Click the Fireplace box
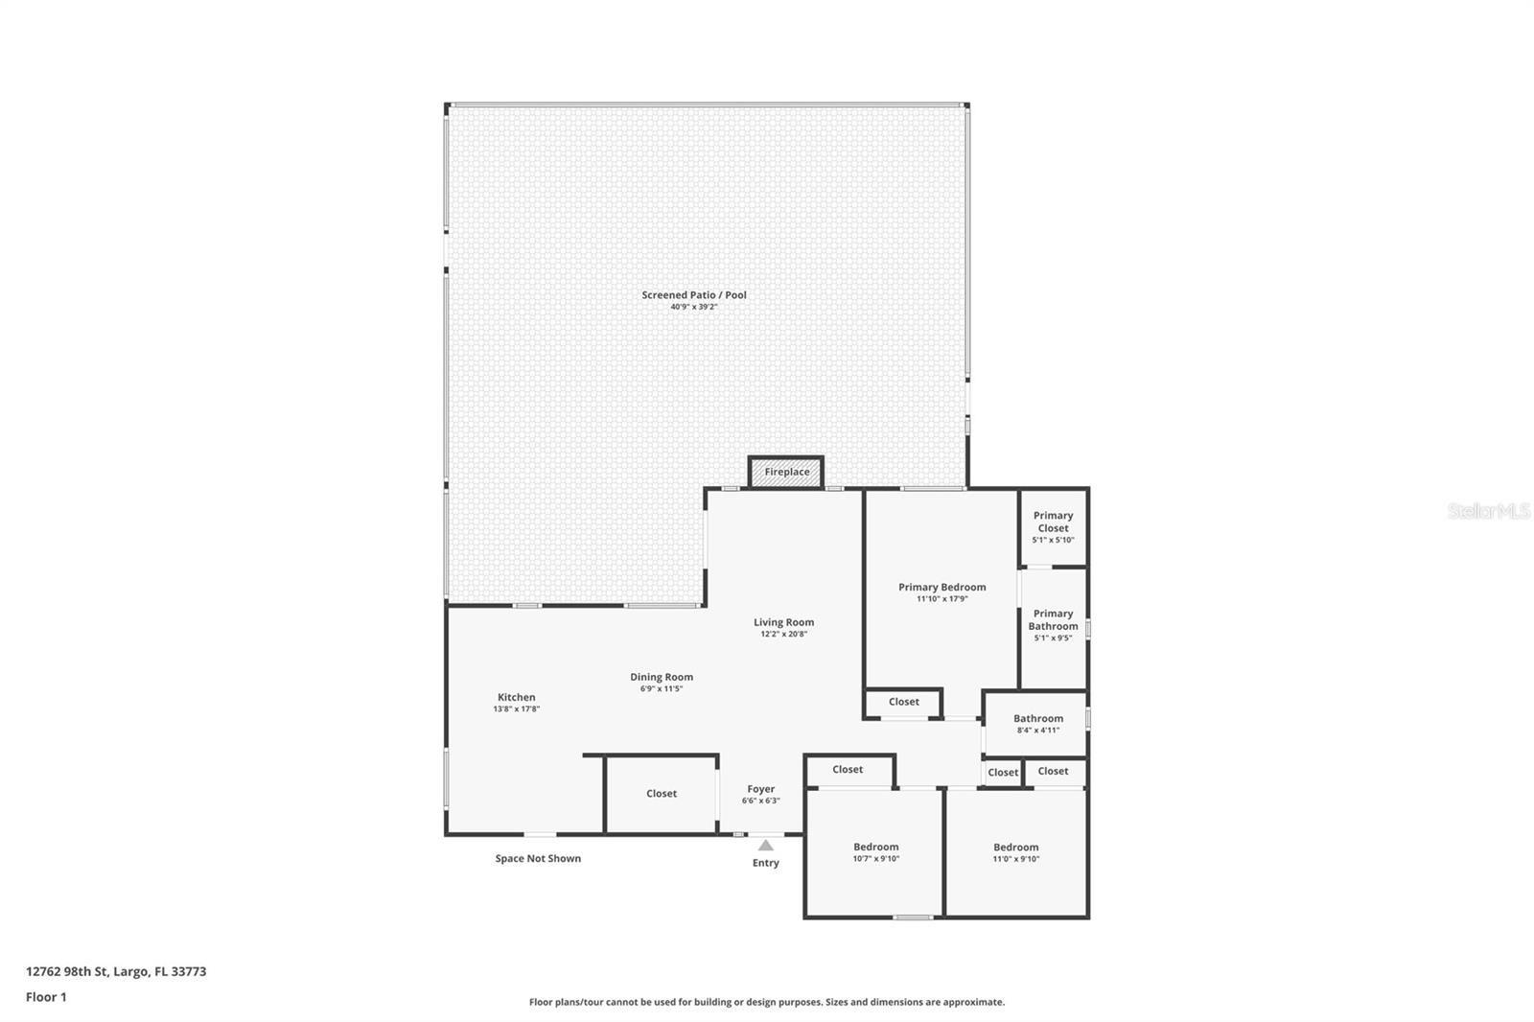tap(786, 472)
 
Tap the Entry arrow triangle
tap(765, 846)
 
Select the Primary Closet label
tap(1053, 522)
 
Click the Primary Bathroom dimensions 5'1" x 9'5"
tap(1053, 638)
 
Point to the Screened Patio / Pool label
tap(694, 295)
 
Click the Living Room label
tap(783, 622)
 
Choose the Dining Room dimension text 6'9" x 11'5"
tap(662, 688)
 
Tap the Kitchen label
tap(517, 697)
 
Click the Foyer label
tap(761, 789)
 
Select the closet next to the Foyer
tap(662, 794)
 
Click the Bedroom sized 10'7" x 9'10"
tap(876, 852)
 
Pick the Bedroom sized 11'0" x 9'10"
tap(1015, 852)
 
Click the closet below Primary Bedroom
tap(903, 702)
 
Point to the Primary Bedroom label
tap(941, 587)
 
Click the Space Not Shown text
tap(538, 858)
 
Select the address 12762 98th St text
tap(116, 971)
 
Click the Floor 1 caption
tap(46, 997)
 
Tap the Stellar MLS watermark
tap(1488, 512)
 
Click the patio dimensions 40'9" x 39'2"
tap(694, 307)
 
